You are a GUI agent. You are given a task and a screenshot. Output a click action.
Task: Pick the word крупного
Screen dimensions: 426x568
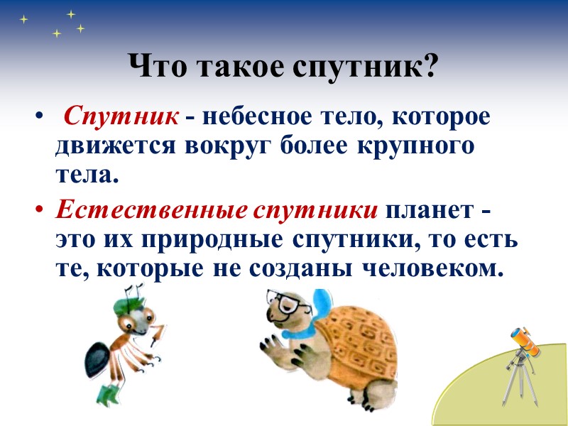point(422,147)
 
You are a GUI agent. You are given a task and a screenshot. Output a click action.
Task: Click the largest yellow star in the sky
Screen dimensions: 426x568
point(70,13)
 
